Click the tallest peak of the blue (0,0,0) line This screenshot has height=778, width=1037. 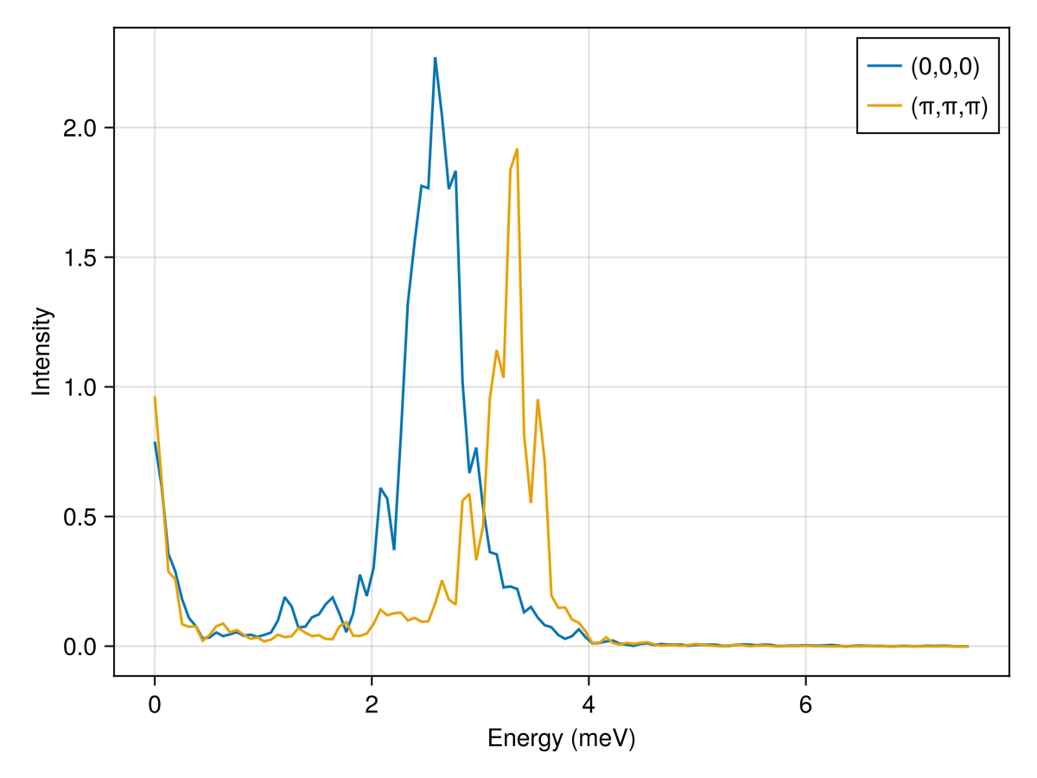pyautogui.click(x=435, y=58)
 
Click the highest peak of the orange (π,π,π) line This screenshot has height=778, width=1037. pyautogui.click(x=517, y=149)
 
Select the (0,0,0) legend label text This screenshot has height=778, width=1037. pyautogui.click(x=945, y=66)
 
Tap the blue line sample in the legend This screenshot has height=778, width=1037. pyautogui.click(x=884, y=66)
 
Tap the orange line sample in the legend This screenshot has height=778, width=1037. pyautogui.click(x=884, y=105)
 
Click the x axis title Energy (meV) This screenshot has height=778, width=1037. pyautogui.click(x=562, y=739)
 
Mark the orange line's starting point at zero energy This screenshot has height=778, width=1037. pyautogui.click(x=155, y=397)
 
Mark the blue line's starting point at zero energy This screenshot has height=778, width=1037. pyautogui.click(x=155, y=443)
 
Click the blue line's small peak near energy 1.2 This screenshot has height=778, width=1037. pyautogui.click(x=284, y=597)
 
